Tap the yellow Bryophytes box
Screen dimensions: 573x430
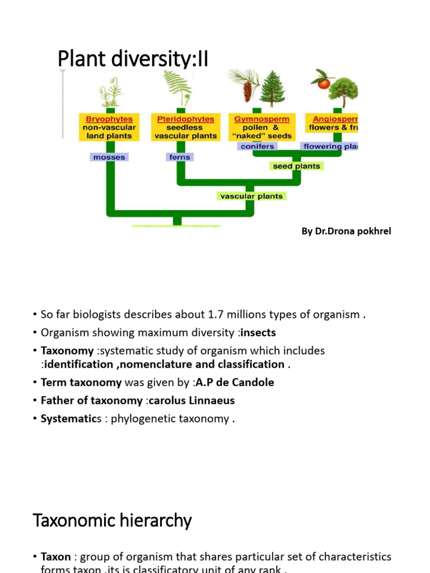pos(109,128)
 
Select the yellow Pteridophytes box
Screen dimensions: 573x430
pos(183,128)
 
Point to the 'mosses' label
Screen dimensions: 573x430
pos(109,157)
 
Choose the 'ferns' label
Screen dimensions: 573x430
pos(180,157)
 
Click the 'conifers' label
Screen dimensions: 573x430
pos(257,146)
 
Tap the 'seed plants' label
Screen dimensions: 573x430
pos(297,166)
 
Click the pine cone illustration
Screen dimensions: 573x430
pos(247,91)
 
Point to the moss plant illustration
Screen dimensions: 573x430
pos(110,91)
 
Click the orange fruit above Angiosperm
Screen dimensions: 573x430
pos(324,83)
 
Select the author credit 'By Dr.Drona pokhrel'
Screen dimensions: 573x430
pos(346,232)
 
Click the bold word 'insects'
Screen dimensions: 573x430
pos(258,333)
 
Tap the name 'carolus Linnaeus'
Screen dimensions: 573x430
pos(191,401)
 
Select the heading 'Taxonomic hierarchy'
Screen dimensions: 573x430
pos(113,521)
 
